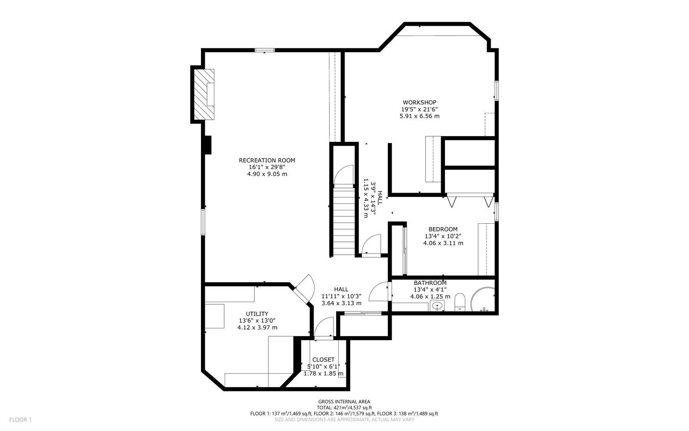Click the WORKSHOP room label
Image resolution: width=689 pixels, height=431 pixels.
coord(419,102)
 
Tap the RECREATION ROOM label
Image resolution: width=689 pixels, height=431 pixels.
coord(267,160)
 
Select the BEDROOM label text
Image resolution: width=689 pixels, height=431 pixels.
coord(443,229)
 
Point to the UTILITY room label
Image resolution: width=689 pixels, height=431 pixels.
coord(257,314)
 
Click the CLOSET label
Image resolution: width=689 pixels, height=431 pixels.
coord(323,359)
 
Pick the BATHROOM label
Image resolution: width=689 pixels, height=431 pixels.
coord(430,283)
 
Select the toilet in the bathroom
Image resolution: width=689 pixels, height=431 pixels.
coord(460,302)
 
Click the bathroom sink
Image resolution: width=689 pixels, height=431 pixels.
coord(437,306)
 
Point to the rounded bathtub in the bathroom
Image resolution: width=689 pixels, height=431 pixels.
coord(483,300)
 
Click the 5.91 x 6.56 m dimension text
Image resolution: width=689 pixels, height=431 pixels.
coord(419,116)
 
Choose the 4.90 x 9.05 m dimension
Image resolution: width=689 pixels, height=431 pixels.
coord(267,174)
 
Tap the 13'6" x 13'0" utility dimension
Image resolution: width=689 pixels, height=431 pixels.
coord(257,321)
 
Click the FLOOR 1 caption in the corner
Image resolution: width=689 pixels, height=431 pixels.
coord(20,420)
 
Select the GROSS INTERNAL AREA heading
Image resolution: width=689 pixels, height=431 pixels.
coord(344,402)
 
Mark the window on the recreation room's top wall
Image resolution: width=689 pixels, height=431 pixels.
coord(265,50)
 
